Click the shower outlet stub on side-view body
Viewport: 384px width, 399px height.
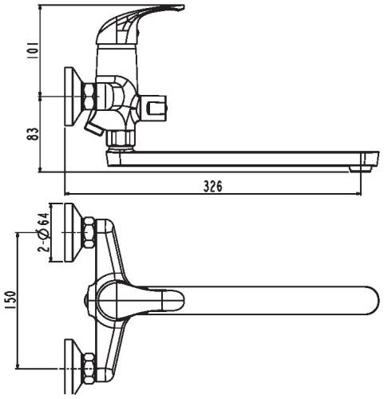coord(156,105)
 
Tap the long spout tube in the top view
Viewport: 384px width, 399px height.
coord(271,302)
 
